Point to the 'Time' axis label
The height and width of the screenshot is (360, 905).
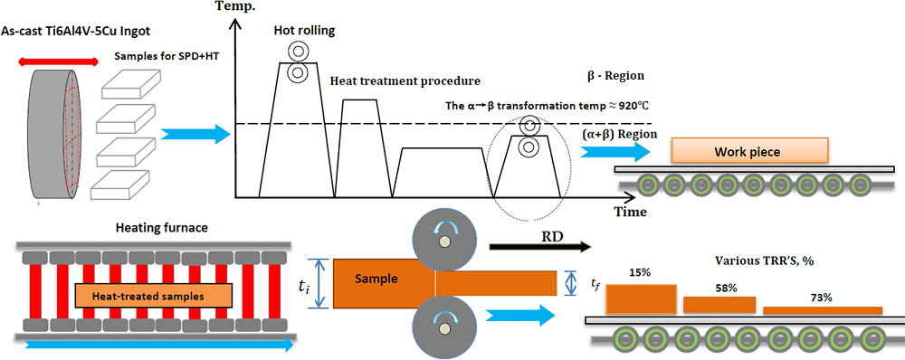coord(630,212)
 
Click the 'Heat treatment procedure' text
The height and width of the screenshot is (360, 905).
coord(405,80)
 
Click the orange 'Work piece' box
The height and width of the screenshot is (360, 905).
coord(749,152)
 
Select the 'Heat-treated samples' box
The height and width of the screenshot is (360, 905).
coord(153,296)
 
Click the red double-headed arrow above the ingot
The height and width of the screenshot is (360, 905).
coord(58,62)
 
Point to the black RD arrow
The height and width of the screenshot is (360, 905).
coord(540,246)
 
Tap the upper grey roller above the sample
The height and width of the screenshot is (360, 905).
coord(443,244)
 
